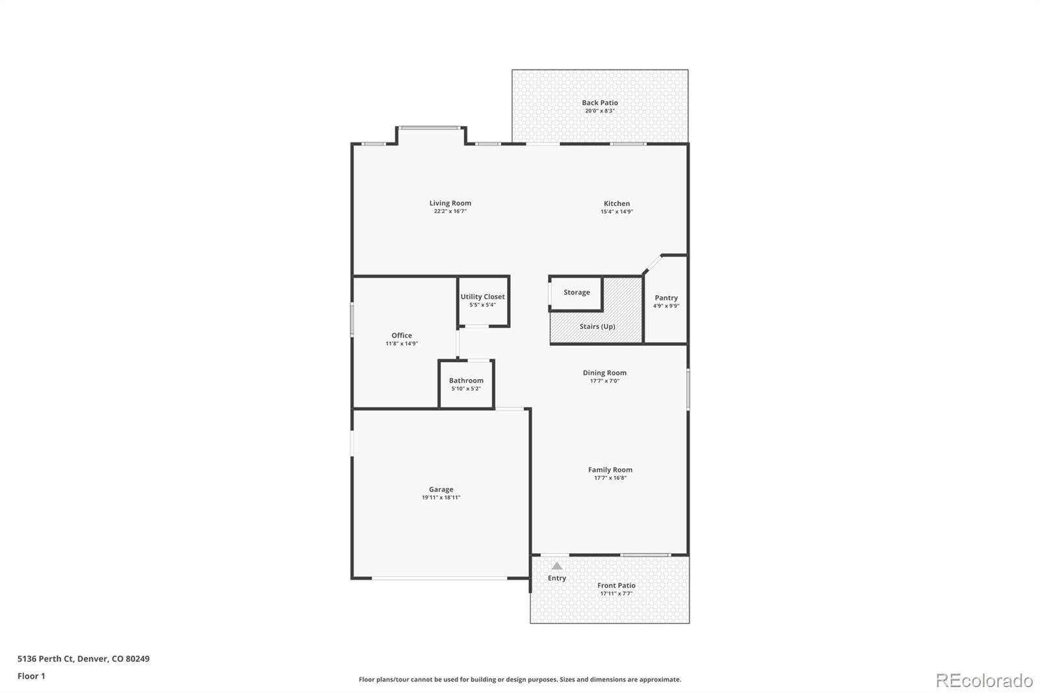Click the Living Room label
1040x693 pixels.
point(450,203)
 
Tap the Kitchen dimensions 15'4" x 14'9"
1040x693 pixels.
point(616,212)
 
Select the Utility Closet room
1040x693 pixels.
point(483,300)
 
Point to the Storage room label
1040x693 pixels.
point(577,293)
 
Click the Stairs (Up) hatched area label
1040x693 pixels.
point(597,326)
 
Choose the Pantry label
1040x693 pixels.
point(666,298)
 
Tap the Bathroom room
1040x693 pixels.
point(466,384)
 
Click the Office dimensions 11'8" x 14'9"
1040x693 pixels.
point(401,344)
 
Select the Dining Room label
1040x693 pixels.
point(604,373)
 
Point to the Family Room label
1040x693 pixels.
point(610,469)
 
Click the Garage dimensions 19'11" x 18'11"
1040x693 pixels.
point(441,498)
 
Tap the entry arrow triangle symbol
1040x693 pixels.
point(557,566)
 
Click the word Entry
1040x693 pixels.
point(556,578)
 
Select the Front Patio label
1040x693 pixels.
point(616,585)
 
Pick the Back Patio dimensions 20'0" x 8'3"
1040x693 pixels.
point(599,111)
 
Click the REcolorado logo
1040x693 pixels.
point(983,680)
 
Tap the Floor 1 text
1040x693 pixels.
point(31,676)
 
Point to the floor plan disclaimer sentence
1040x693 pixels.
point(520,679)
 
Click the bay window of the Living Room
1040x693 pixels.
point(431,128)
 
